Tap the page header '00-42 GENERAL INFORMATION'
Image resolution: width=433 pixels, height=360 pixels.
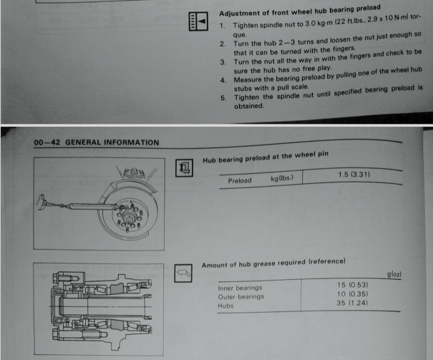[x=97, y=142]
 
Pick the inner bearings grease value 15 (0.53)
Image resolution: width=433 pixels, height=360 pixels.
[x=351, y=285]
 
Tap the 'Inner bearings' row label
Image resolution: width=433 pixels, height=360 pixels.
[x=240, y=288]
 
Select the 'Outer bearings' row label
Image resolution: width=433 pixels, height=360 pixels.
[x=241, y=297]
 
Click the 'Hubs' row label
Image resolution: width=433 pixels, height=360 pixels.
[x=226, y=306]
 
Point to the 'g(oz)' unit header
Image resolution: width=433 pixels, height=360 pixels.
[x=394, y=274]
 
